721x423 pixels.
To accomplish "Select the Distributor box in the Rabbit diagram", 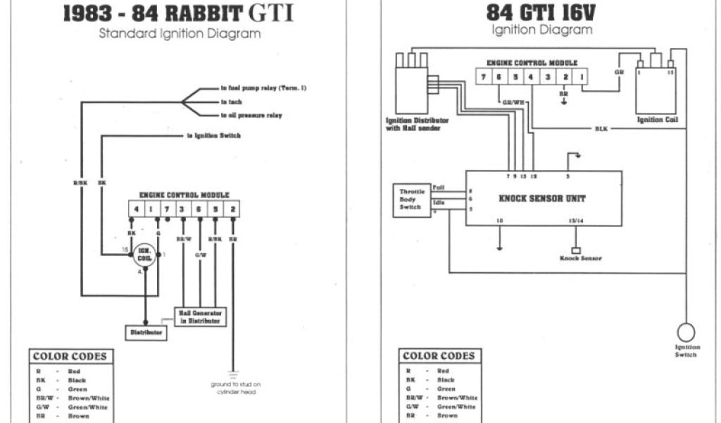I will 146,331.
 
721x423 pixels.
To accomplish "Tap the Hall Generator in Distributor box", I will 200,317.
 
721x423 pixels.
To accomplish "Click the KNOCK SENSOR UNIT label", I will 541,198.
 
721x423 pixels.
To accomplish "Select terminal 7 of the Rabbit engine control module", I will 166,209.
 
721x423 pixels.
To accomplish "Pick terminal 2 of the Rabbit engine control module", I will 233,209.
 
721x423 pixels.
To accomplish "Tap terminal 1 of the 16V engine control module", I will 582,75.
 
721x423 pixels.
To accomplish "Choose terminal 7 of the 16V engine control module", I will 484,75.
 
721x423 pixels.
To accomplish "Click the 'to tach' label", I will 232,102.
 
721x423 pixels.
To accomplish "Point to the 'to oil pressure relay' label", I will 251,115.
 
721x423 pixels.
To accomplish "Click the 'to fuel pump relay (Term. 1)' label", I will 263,89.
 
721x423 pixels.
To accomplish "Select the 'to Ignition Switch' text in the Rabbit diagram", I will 214,135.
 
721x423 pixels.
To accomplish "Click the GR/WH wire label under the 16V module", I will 514,102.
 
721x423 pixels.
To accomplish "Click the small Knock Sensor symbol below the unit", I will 575,250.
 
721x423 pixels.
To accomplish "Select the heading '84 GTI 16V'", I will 541,13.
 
